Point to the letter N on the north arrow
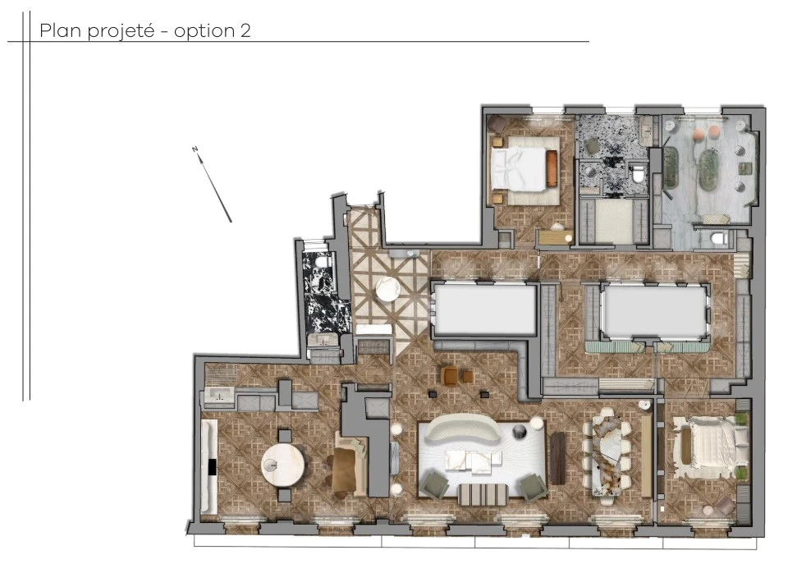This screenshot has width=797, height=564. (195, 149)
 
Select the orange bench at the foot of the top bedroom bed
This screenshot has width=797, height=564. (552, 168)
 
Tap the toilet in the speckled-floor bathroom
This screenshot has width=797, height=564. (638, 174)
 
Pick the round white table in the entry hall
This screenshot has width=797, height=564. (387, 290)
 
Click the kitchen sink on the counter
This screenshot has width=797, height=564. (220, 396)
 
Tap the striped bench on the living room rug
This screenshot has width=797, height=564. (482, 494)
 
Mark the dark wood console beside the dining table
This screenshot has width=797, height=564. (557, 457)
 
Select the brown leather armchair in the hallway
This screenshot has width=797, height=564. (449, 376)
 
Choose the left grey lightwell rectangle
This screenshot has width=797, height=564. (484, 309)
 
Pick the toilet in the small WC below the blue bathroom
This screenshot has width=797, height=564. (716, 238)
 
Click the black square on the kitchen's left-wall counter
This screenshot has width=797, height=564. (211, 467)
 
